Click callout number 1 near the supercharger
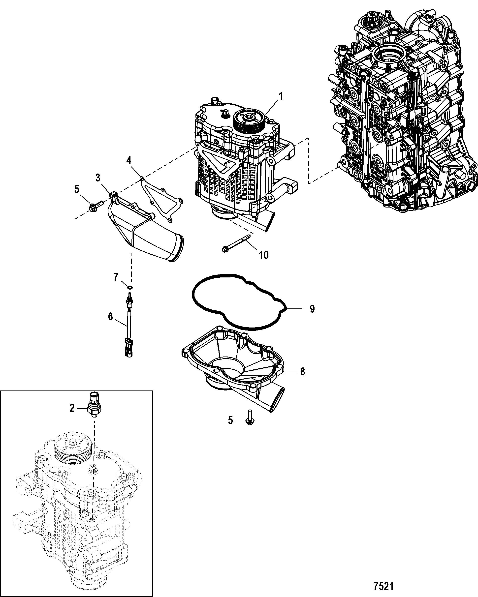tap(281, 97)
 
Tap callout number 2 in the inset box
tap(72, 408)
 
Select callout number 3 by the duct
tap(98, 178)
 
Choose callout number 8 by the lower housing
tap(302, 371)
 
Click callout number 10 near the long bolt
tap(264, 255)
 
